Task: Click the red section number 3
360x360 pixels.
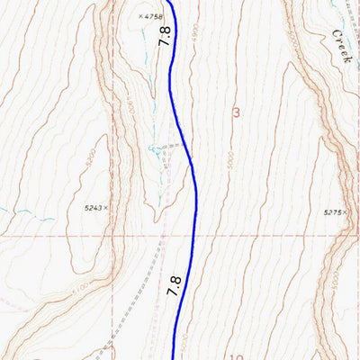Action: coord(236,112)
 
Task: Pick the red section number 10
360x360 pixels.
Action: coord(236,357)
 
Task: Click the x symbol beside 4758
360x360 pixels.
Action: coord(141,16)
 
